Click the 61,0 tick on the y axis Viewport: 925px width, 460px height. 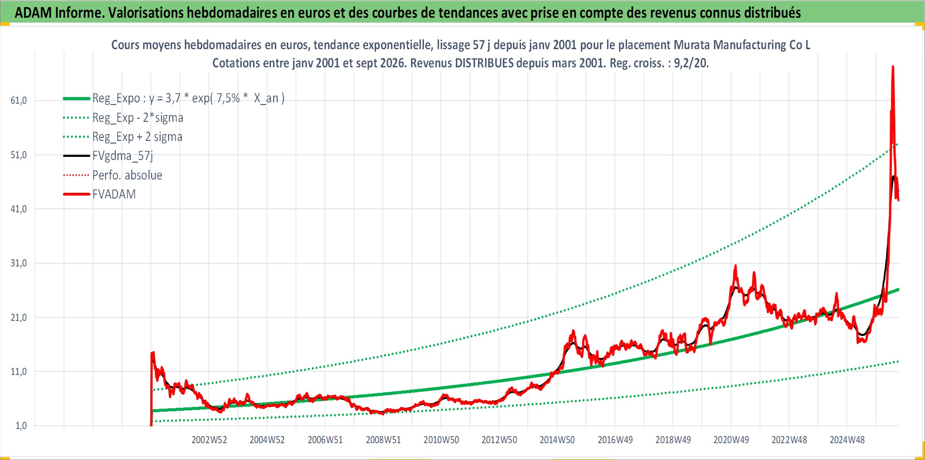pos(19,101)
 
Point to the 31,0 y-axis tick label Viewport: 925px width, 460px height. pos(19,263)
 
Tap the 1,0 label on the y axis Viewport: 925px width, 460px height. pos(21,426)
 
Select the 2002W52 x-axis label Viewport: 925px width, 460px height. pos(209,440)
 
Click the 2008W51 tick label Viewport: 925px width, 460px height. pos(383,440)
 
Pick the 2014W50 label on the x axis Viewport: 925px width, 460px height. pos(557,440)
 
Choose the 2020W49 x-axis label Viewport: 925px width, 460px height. pos(731,440)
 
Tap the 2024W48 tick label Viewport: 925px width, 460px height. pos(847,440)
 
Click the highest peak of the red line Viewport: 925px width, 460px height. pos(893,67)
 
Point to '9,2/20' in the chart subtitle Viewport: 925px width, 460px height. pos(691,63)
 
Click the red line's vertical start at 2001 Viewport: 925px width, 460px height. pos(151,389)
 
